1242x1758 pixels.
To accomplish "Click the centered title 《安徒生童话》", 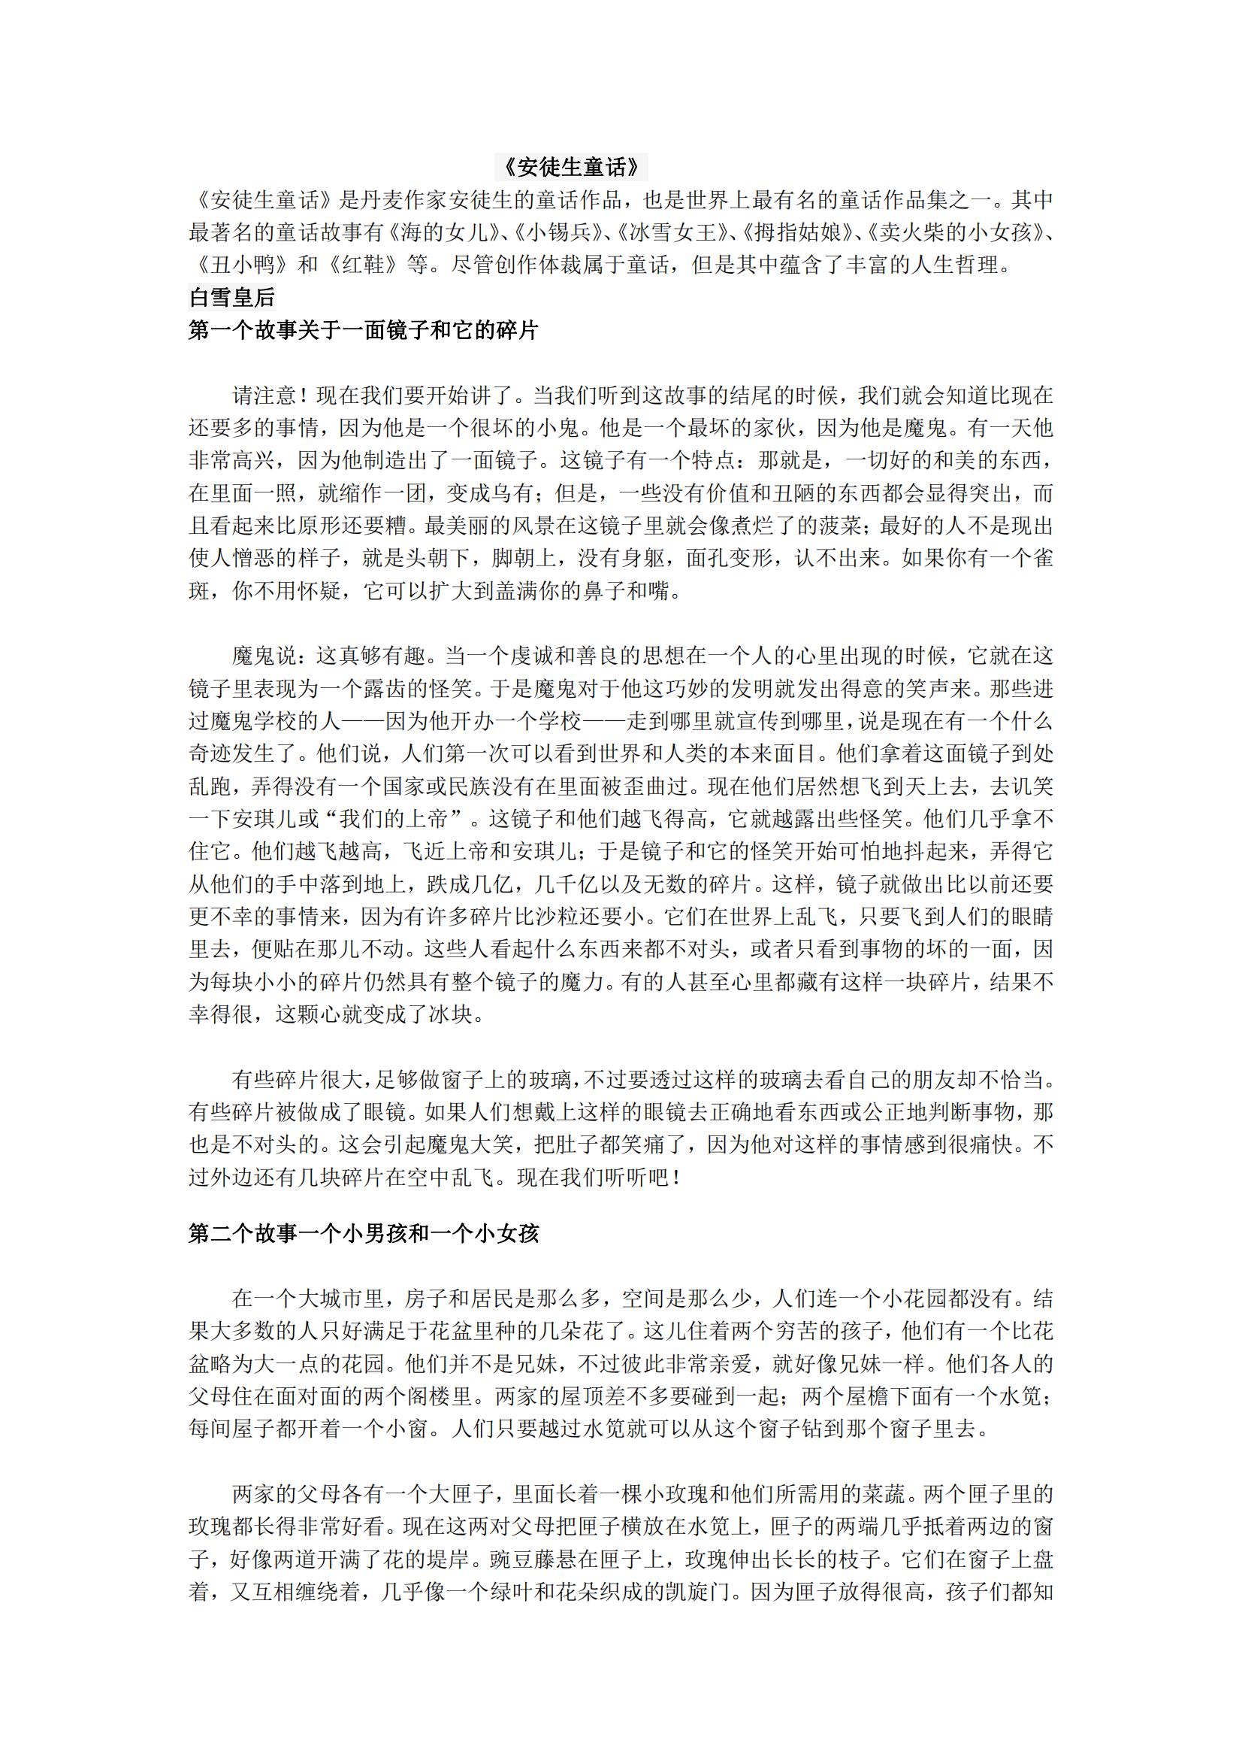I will pos(571,167).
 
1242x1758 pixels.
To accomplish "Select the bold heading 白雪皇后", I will pos(232,297).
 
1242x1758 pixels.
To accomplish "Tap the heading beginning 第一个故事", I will pos(364,330).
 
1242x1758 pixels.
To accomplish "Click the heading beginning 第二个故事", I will pos(364,1233).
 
